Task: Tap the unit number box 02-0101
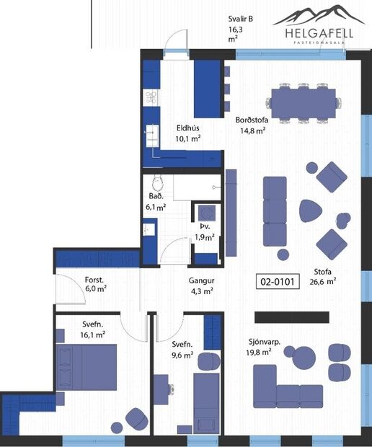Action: pos(278,282)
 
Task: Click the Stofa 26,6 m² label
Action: pos(324,277)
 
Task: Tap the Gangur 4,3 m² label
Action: pos(202,286)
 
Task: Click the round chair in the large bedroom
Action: pos(136,417)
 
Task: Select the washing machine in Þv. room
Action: pos(206,214)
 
